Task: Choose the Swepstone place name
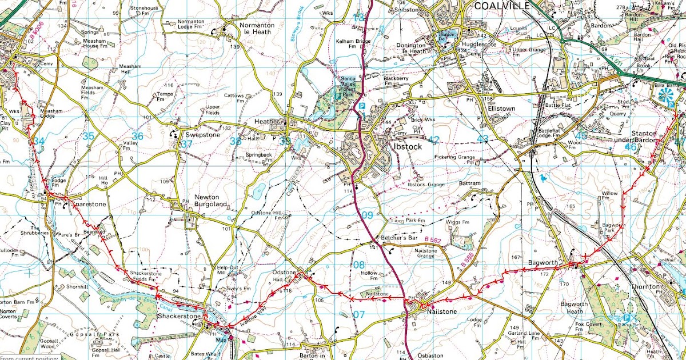point(199,135)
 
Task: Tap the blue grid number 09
point(367,215)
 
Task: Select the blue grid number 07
point(358,314)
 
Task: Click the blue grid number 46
point(631,147)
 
